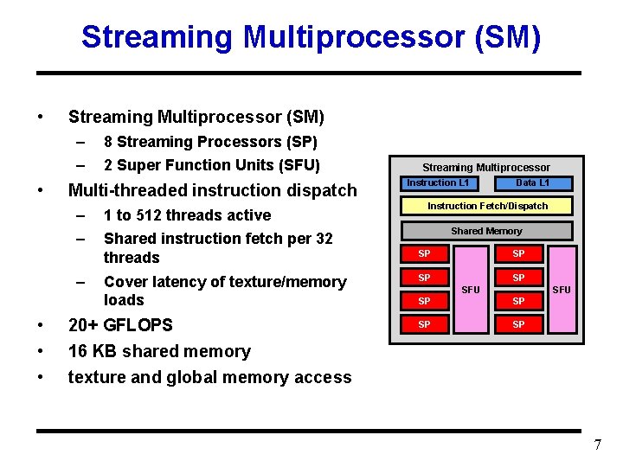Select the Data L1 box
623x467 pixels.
pos(532,183)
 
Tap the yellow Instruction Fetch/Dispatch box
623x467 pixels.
pos(487,206)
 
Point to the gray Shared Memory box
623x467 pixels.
pos(486,231)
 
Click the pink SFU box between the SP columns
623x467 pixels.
pos(470,289)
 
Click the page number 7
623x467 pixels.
pos(597,445)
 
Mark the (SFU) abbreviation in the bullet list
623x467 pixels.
pos(294,165)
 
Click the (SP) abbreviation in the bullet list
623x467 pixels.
pos(298,142)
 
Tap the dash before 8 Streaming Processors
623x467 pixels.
pos(80,142)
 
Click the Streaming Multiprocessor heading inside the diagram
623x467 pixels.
pos(485,167)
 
